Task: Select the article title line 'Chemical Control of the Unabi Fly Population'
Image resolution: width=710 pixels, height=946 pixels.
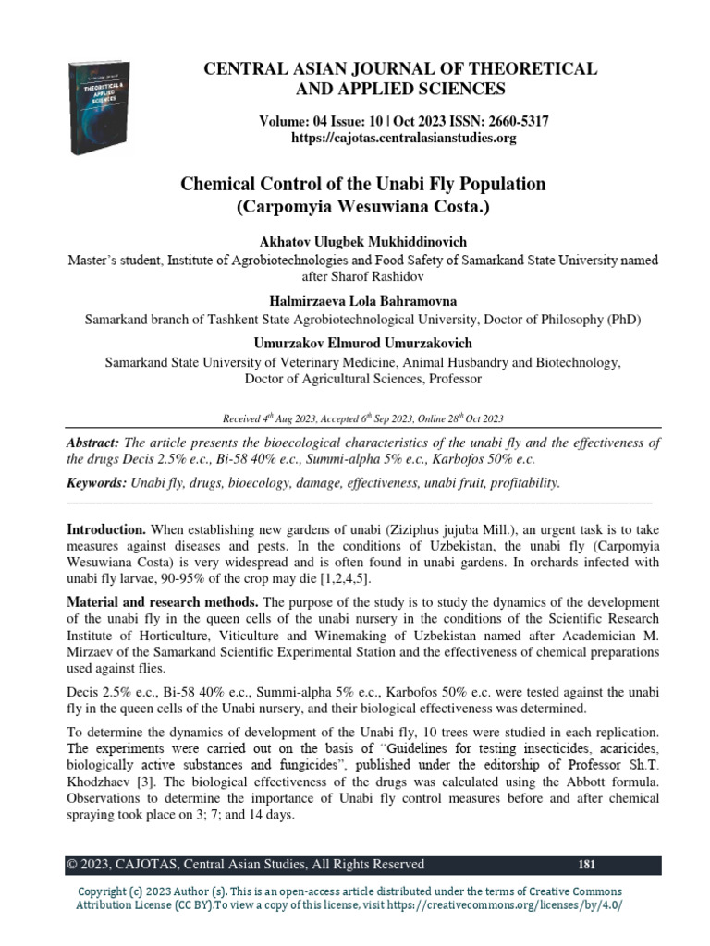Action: click(x=361, y=184)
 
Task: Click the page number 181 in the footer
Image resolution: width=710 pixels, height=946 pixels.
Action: click(x=585, y=865)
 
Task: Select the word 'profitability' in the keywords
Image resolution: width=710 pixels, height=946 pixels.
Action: click(x=522, y=483)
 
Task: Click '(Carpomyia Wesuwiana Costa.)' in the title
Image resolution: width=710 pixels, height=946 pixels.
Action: click(x=361, y=206)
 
